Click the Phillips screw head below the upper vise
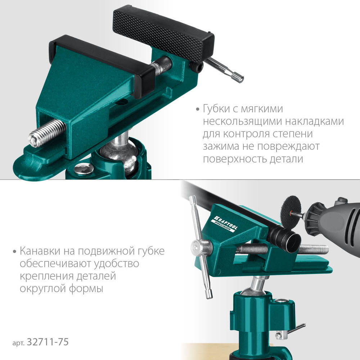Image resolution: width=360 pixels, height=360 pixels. pyautogui.click(x=83, y=169)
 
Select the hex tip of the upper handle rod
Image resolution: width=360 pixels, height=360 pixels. pyautogui.click(x=237, y=77)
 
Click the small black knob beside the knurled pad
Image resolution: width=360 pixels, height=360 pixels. pyautogui.click(x=195, y=67)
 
